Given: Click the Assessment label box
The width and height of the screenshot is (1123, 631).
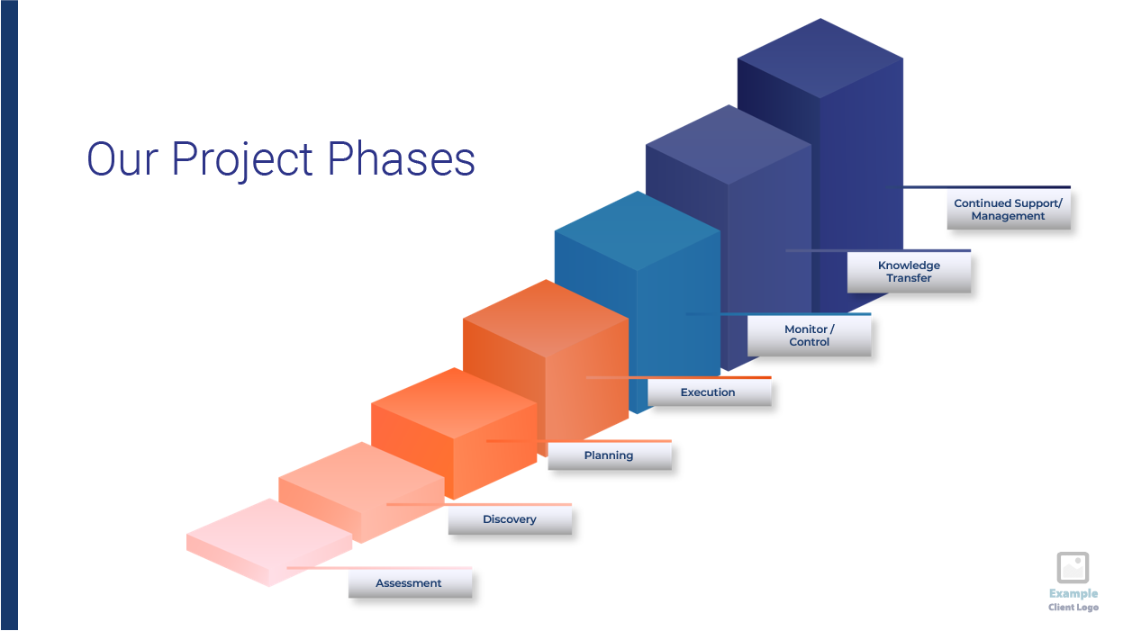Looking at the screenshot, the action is (x=410, y=583).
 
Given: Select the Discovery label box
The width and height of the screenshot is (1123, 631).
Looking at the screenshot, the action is (x=510, y=519).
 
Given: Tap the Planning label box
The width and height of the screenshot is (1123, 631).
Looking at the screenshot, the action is (x=610, y=455).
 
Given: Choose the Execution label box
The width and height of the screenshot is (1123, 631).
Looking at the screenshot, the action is (x=710, y=392).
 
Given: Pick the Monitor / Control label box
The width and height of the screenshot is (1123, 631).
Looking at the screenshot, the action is (x=810, y=335).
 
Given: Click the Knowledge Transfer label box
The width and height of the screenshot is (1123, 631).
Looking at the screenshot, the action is (x=909, y=272).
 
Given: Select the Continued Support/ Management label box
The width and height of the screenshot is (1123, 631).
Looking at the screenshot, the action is (x=1009, y=210).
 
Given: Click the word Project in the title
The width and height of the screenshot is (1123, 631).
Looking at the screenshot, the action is (x=242, y=160).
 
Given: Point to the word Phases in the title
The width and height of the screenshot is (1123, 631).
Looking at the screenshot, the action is (x=401, y=158).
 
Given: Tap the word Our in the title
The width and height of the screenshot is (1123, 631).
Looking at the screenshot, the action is (x=122, y=159).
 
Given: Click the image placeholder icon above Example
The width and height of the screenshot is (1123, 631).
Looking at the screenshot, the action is (x=1073, y=567).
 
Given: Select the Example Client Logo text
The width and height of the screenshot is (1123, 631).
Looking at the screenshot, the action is (x=1073, y=599).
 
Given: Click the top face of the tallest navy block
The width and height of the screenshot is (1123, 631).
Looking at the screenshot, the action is (x=820, y=59).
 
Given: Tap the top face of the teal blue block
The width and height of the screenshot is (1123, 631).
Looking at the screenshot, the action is (x=638, y=231).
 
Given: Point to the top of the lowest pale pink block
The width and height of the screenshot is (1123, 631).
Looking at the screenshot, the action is (x=269, y=535).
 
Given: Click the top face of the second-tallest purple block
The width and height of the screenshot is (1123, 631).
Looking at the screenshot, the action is (x=729, y=145).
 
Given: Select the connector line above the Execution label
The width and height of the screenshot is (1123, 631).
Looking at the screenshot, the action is (x=678, y=377).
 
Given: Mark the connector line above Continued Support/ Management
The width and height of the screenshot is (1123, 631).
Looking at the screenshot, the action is (x=979, y=187).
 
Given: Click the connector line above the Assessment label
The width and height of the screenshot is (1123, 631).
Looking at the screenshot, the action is (x=379, y=568).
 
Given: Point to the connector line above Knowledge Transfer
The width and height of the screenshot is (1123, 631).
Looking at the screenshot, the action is (x=878, y=250).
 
